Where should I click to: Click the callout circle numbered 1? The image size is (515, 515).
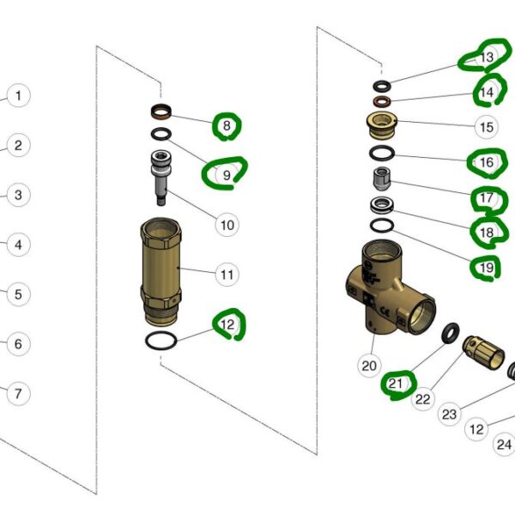pos(18,95)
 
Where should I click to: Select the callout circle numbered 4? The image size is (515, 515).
pos(18,245)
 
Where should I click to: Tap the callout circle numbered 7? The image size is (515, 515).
pos(18,394)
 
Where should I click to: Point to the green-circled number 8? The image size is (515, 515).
pos(227,127)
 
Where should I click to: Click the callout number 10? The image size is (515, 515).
pos(227,226)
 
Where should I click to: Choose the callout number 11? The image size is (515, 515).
pos(227,276)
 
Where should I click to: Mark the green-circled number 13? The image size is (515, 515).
pos(487,58)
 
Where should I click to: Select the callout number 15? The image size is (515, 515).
pos(487,127)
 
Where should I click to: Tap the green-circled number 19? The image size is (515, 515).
pos(487,268)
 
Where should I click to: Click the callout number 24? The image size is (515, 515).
pos(505,444)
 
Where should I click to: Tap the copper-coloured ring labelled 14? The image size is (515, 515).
pos(383,101)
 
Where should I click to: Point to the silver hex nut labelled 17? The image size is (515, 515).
pos(382,179)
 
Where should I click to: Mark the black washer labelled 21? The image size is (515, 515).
pos(448,333)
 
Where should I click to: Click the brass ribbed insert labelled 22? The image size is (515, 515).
pos(481,353)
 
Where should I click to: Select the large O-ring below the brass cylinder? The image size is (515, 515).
pos(161,341)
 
